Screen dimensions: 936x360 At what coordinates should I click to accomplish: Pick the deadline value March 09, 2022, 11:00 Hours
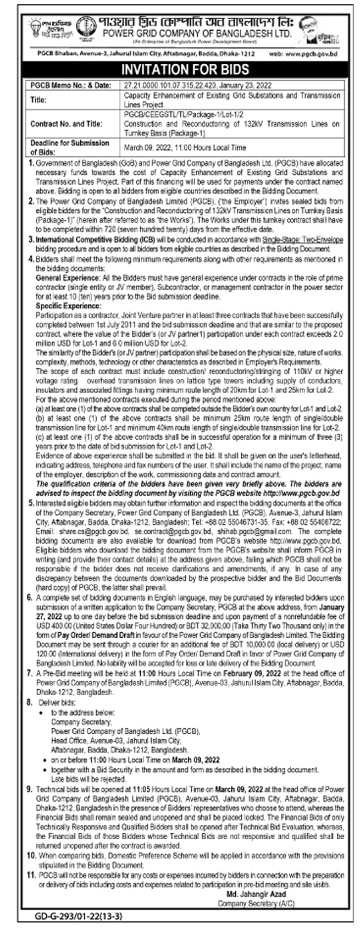pyautogui.click(x=184, y=147)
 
